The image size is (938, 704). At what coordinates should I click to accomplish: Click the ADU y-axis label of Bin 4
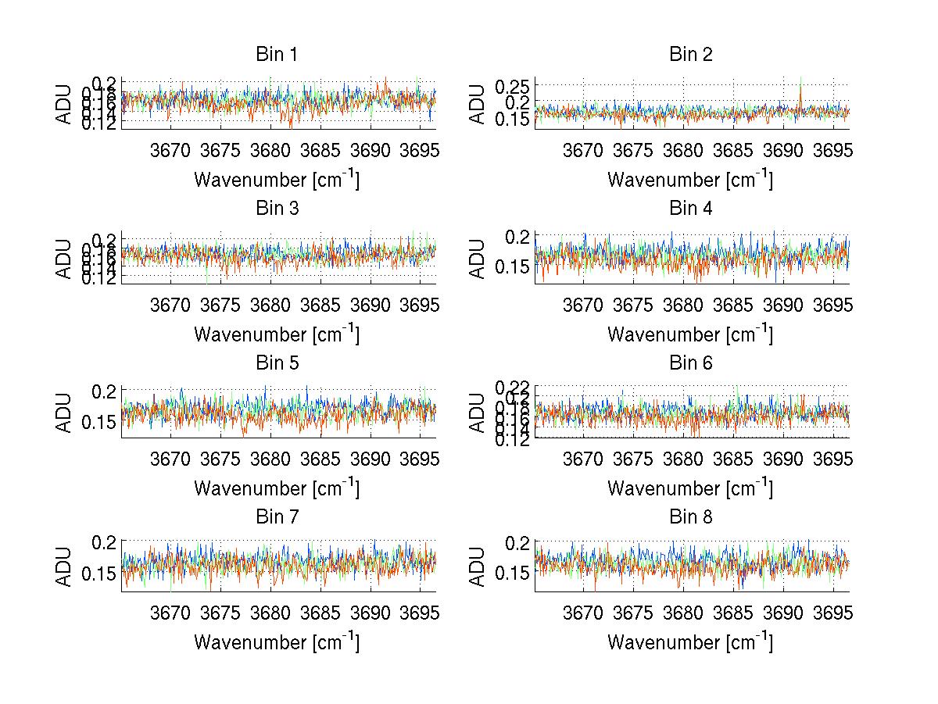tap(479, 259)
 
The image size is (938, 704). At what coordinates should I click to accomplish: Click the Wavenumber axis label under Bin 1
tap(277, 180)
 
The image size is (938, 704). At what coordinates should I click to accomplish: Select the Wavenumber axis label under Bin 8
tap(690, 642)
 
